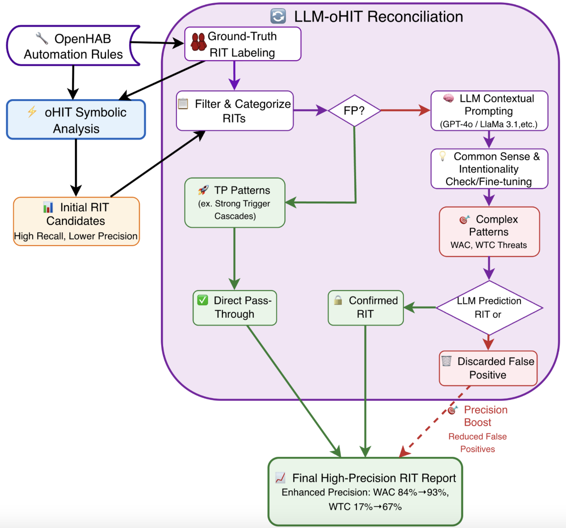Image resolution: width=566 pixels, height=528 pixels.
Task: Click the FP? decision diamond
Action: [x=354, y=111]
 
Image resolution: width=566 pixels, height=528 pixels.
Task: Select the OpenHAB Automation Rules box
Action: [x=74, y=46]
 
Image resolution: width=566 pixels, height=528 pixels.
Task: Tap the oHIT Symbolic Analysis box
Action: [x=76, y=120]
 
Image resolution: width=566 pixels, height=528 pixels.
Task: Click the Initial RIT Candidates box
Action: [x=76, y=221]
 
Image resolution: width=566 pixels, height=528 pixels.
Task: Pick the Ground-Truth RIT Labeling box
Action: [x=243, y=44]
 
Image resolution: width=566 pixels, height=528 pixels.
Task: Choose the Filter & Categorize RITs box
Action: [x=235, y=111]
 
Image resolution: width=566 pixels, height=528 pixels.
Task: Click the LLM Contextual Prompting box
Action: [x=489, y=111]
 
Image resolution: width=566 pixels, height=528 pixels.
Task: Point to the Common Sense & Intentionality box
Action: [x=489, y=169]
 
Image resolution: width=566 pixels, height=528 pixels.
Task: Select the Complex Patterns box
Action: [x=489, y=231]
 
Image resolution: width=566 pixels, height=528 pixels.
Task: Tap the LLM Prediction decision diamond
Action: [x=489, y=308]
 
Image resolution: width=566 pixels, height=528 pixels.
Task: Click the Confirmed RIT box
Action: [x=366, y=308]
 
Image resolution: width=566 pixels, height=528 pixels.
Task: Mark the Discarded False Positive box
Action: [x=488, y=368]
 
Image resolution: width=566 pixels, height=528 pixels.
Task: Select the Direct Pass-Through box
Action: [x=235, y=308]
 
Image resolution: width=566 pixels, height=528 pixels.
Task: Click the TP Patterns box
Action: [x=235, y=202]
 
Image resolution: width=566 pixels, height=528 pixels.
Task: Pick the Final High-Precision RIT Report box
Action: [x=365, y=492]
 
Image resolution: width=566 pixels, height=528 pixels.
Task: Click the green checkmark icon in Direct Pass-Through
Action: [x=203, y=300]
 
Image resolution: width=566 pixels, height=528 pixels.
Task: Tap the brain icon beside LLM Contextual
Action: [x=448, y=98]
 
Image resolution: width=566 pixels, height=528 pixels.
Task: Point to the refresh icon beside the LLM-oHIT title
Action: [x=278, y=17]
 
